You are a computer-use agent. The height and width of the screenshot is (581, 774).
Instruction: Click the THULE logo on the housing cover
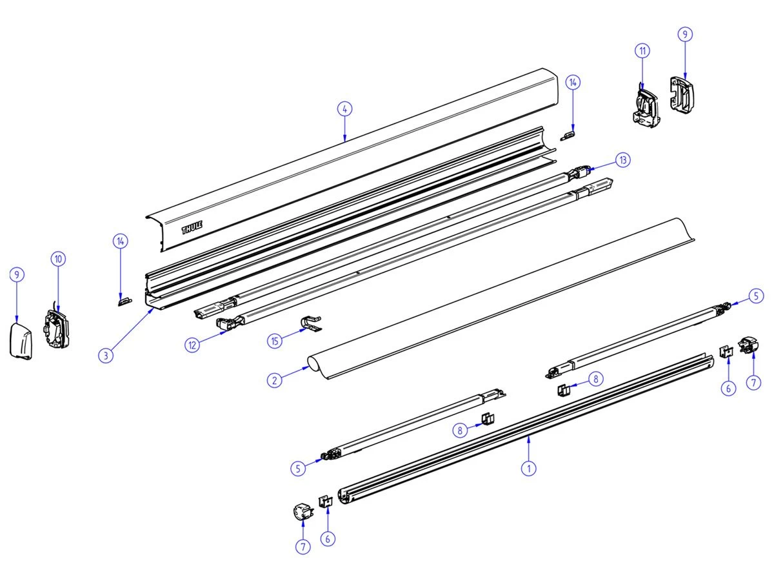pyautogui.click(x=192, y=228)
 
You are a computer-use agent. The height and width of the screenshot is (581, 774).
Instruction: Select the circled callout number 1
pyautogui.click(x=528, y=469)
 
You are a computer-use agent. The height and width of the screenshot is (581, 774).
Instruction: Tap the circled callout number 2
pyautogui.click(x=275, y=380)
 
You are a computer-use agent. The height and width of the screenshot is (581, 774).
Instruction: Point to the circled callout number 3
pyautogui.click(x=107, y=354)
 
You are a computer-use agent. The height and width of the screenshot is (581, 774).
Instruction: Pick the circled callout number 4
pyautogui.click(x=345, y=109)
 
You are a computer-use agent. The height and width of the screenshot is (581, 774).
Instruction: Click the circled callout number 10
pyautogui.click(x=58, y=259)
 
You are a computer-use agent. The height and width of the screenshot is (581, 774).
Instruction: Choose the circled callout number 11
pyautogui.click(x=642, y=51)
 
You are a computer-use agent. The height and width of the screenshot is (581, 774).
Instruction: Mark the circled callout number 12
pyautogui.click(x=193, y=345)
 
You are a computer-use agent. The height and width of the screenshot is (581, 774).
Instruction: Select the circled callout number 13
pyautogui.click(x=622, y=159)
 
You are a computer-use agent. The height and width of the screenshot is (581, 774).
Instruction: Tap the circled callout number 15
pyautogui.click(x=276, y=341)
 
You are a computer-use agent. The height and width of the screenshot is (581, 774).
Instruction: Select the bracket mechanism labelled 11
pyautogui.click(x=645, y=105)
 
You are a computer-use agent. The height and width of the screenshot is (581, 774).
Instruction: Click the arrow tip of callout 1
pyautogui.click(x=528, y=438)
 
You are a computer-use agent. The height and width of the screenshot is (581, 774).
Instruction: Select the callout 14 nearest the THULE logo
pyautogui.click(x=120, y=241)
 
